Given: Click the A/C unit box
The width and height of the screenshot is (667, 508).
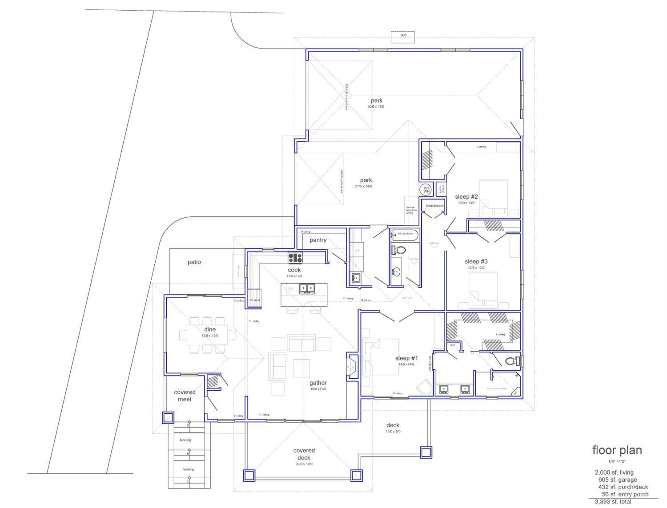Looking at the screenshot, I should click(x=403, y=37).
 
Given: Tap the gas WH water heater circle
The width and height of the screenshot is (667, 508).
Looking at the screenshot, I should click(x=426, y=189).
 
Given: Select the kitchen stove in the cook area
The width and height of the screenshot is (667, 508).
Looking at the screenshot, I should click(x=295, y=258).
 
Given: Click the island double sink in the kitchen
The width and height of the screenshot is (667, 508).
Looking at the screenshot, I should click(x=306, y=288).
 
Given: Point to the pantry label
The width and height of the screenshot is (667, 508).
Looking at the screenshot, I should click(x=318, y=240).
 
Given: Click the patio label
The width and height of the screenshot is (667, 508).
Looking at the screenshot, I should click(x=194, y=262).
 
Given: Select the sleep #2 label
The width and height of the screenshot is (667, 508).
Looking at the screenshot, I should click(x=466, y=197).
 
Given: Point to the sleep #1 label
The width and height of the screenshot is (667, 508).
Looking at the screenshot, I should click(x=406, y=358).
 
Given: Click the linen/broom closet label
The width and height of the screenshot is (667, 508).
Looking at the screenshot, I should click(x=434, y=206).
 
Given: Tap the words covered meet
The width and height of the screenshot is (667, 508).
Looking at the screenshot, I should click(x=185, y=396).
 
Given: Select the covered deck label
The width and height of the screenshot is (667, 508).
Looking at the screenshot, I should click(x=304, y=454).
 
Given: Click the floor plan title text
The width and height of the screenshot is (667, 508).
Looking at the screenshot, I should click(x=617, y=450).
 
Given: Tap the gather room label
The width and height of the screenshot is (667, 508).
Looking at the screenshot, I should click(x=318, y=383).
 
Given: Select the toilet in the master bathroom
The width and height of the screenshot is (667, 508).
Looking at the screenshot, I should click(x=514, y=361).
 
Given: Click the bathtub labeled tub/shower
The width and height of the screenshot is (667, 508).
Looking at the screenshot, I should click(x=405, y=234).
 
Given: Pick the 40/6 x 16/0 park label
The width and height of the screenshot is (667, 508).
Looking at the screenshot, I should click(x=376, y=101).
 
